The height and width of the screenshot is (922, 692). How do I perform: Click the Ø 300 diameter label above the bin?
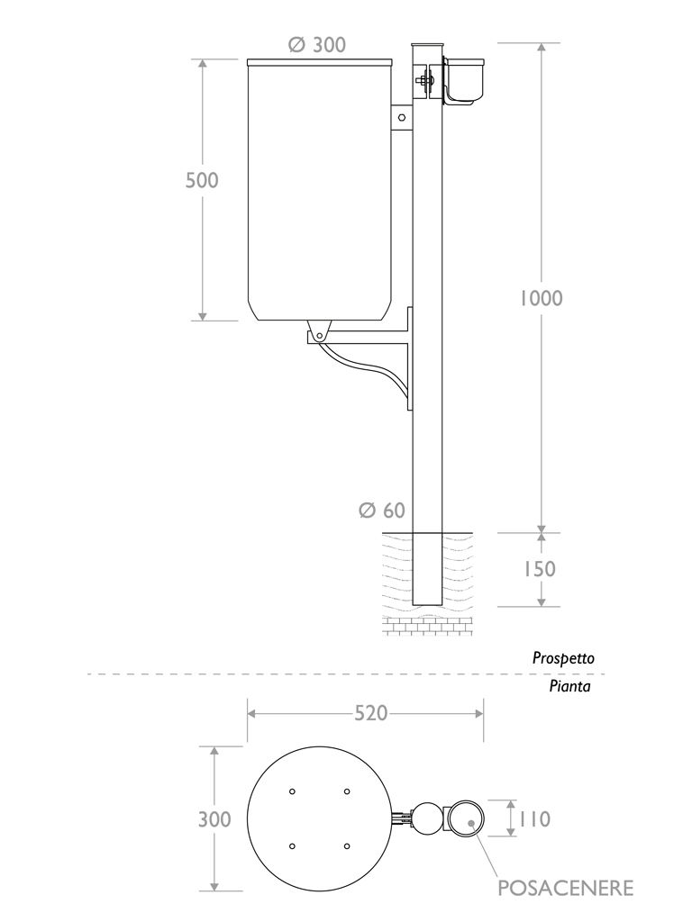click(316, 44)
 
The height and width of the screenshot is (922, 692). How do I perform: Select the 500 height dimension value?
click(202, 180)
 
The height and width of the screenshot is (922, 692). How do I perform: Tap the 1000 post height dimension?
click(541, 298)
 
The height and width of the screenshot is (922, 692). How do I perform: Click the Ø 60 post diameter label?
click(381, 511)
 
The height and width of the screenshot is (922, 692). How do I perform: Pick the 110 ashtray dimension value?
click(533, 819)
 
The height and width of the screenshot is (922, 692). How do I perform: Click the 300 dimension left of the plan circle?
click(214, 819)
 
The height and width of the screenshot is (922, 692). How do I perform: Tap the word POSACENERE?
click(566, 889)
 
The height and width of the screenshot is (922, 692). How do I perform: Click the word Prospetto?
click(563, 658)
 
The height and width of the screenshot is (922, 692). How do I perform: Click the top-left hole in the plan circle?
click(292, 791)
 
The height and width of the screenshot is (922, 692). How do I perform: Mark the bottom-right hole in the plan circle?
click(347, 846)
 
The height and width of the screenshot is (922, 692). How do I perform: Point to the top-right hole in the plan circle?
click(347, 791)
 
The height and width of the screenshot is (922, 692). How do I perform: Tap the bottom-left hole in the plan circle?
click(292, 846)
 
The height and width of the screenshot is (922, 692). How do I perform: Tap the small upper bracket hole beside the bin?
click(402, 117)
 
